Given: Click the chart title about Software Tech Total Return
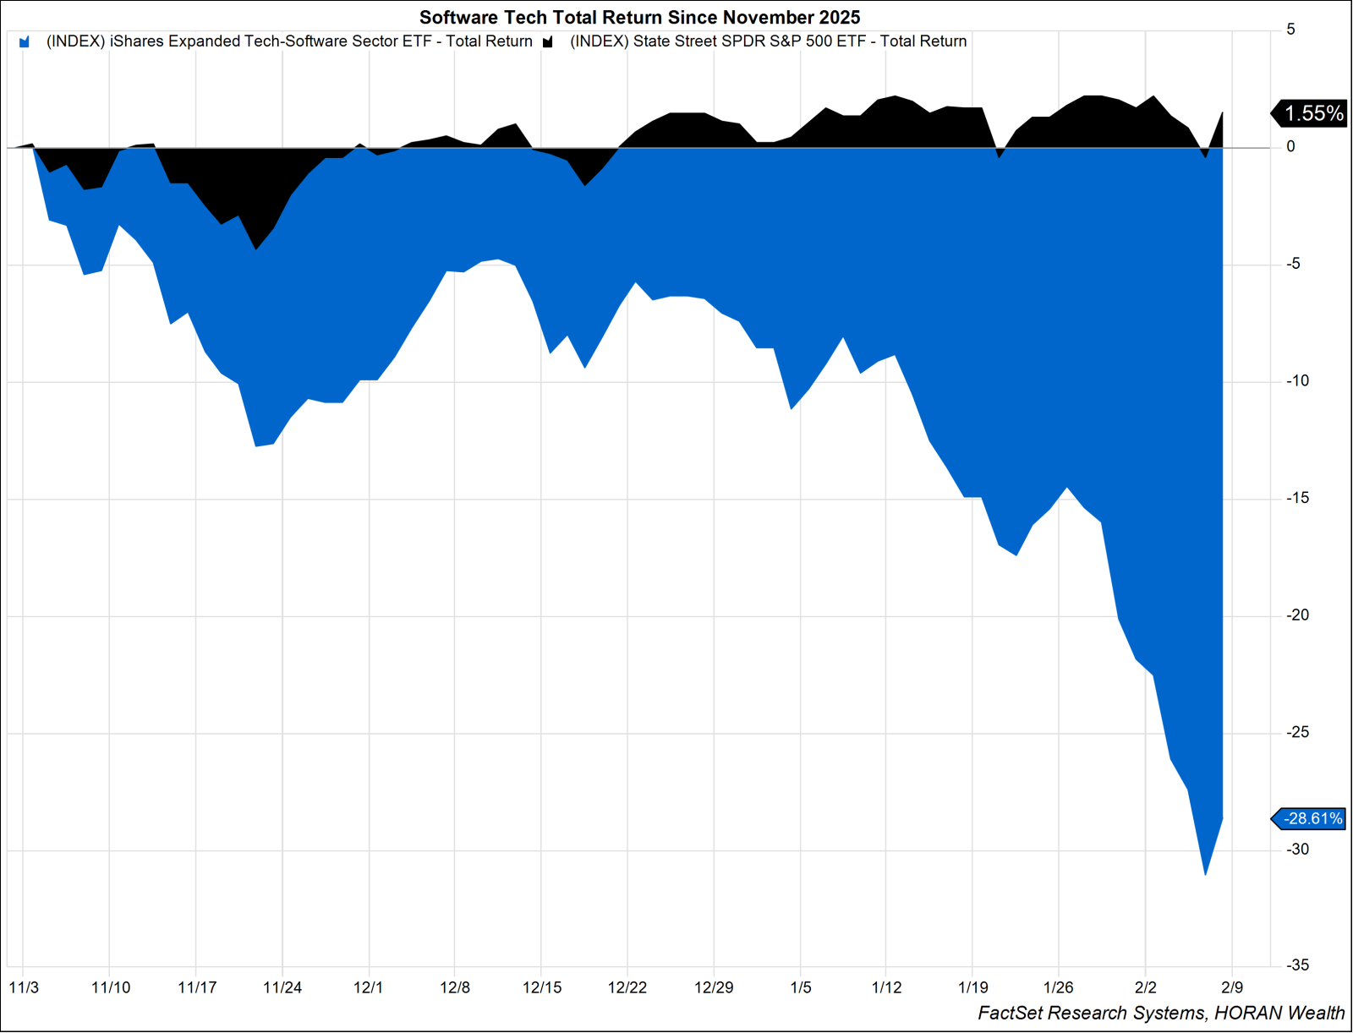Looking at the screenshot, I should point(639,18).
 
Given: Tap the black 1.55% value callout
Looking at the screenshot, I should point(1312,113).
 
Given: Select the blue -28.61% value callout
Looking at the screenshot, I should point(1312,818).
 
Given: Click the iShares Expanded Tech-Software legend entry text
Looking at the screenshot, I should point(289,41).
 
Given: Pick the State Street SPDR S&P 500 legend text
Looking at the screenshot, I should point(768,41).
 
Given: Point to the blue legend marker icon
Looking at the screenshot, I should point(25,42).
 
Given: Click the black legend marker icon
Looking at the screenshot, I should point(548,42).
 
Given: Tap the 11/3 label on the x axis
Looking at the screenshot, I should point(24,987).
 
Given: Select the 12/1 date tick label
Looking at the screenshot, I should point(368,987).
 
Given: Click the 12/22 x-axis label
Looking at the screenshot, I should point(627,987).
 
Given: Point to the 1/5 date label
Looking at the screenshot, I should point(800,987).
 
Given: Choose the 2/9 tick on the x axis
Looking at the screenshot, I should point(1232,987).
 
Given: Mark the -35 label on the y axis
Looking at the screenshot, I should point(1297,965).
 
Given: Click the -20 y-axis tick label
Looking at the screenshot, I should point(1297,615).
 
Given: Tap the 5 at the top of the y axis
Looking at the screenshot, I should point(1290,30).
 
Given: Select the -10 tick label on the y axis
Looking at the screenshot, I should point(1297,381).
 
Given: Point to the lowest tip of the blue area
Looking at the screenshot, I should point(1205,874).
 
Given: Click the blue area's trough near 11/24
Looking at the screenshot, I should point(256,445).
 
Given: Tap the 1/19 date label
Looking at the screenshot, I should point(972,987).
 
